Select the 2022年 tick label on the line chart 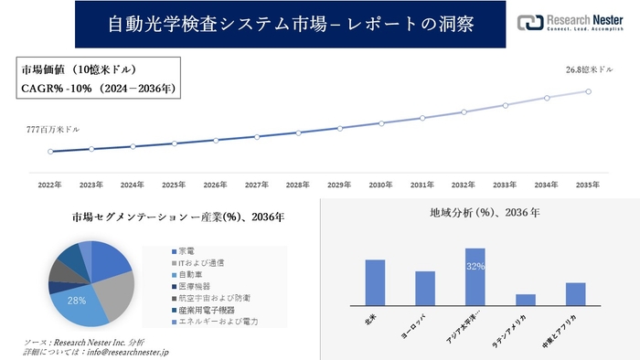[x=50, y=184]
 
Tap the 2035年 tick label [x=588, y=184]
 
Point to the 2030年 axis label [x=381, y=184]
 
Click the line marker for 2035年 [x=588, y=91]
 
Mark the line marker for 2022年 [x=50, y=152]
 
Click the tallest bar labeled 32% [x=475, y=277]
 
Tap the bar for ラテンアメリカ [x=526, y=300]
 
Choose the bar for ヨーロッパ [x=425, y=288]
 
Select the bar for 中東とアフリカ [x=575, y=294]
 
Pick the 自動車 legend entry [x=192, y=274]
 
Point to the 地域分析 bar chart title [x=485, y=213]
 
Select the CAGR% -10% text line [x=98, y=89]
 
